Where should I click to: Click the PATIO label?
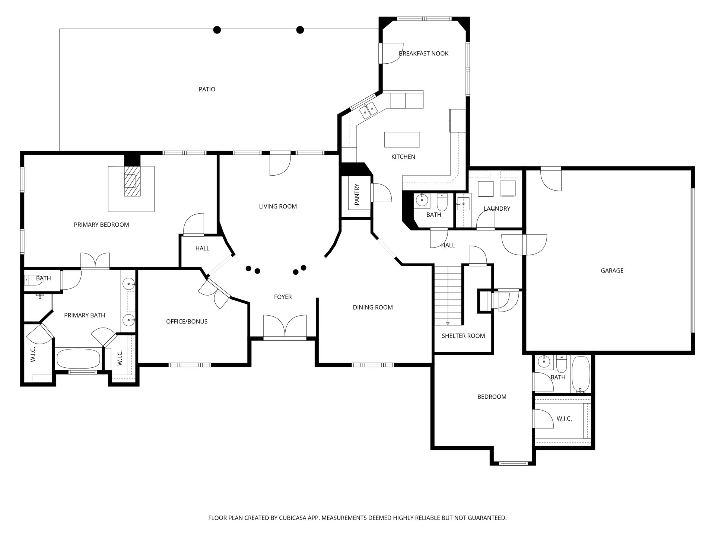click(207, 89)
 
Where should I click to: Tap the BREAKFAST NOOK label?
click(423, 54)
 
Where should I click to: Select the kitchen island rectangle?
click(402, 140)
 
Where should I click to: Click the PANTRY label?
click(357, 194)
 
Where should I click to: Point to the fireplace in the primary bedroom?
click(132, 181)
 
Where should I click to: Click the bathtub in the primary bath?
click(78, 358)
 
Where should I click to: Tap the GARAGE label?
click(612, 271)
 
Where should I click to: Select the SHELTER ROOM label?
click(463, 336)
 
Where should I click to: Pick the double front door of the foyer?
click(285, 326)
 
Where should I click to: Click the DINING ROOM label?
click(373, 307)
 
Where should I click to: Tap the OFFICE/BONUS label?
click(187, 322)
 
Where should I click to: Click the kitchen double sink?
click(368, 110)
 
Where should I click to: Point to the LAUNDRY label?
click(497, 208)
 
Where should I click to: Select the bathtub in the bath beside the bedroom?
click(580, 374)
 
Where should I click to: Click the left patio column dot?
click(217, 30)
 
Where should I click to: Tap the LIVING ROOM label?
click(278, 207)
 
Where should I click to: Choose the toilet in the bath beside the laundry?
click(442, 202)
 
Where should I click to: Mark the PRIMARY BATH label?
click(85, 315)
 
